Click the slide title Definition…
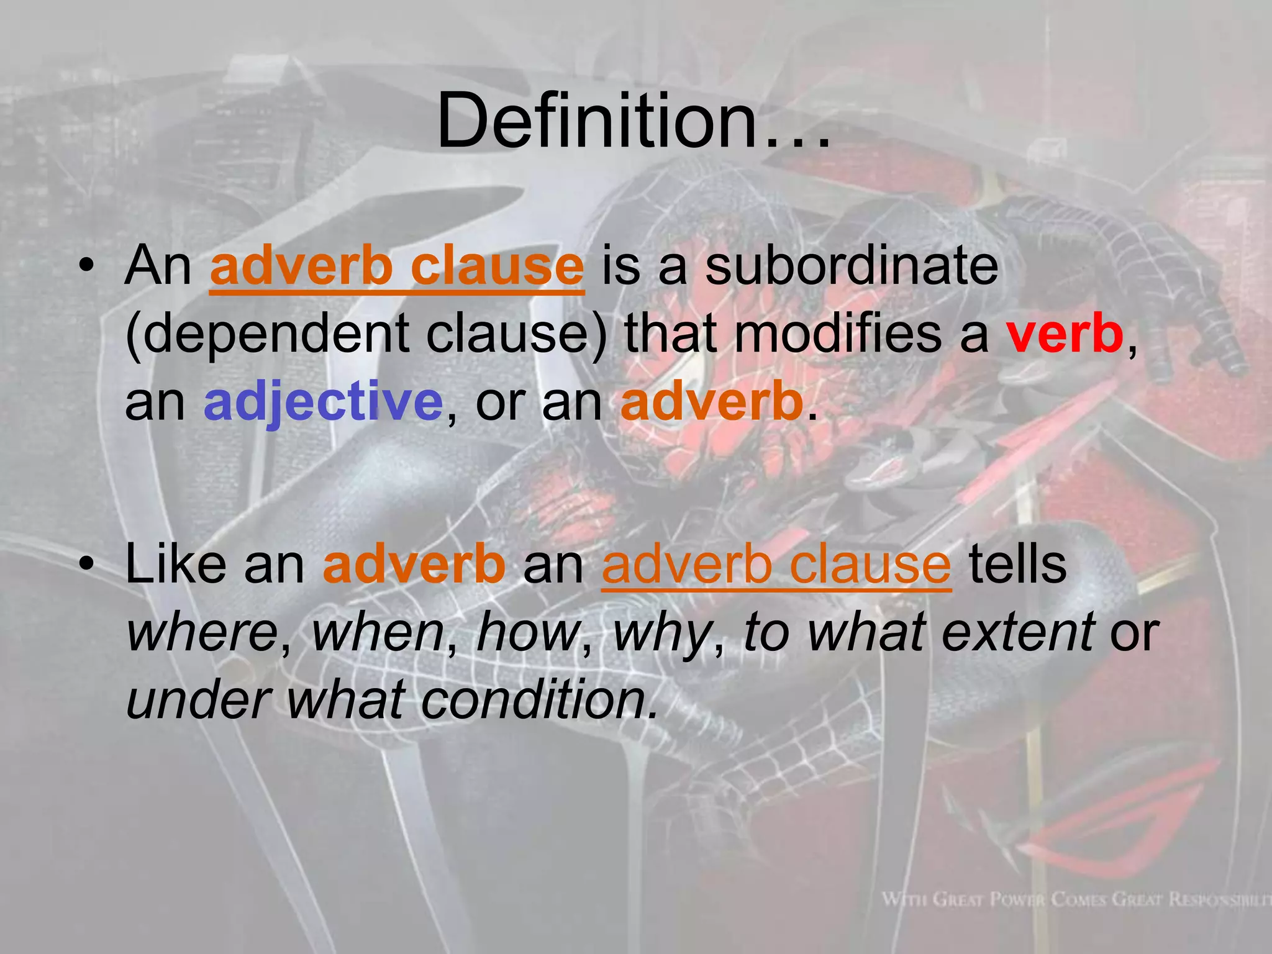point(634,121)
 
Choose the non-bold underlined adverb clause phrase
point(776,565)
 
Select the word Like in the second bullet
point(176,565)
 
